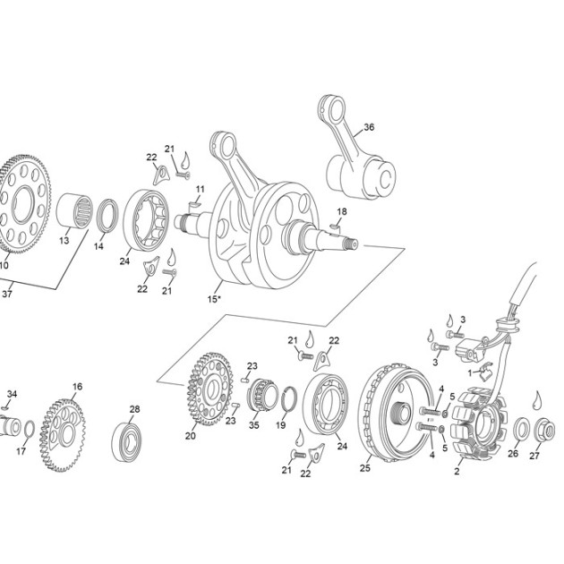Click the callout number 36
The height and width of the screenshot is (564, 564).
pyautogui.click(x=369, y=127)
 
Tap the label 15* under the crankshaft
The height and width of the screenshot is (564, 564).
pyautogui.click(x=214, y=298)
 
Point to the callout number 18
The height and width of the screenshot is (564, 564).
pyautogui.click(x=342, y=211)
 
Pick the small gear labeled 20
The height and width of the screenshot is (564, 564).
pyautogui.click(x=210, y=389)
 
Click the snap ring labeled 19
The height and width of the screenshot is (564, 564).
pyautogui.click(x=289, y=399)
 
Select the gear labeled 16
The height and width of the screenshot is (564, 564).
pyautogui.click(x=63, y=435)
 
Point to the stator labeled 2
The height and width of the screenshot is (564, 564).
pyautogui.click(x=479, y=424)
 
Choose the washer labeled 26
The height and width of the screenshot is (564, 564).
pyautogui.click(x=521, y=429)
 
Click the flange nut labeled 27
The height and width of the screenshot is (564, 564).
pyautogui.click(x=544, y=430)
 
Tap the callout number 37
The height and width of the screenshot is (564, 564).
pyautogui.click(x=7, y=294)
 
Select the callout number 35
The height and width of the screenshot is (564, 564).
pyautogui.click(x=254, y=425)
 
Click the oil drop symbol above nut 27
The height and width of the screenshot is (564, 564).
pyautogui.click(x=537, y=400)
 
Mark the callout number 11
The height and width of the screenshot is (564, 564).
pyautogui.click(x=200, y=189)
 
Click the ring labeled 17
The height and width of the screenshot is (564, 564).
pyautogui.click(x=30, y=429)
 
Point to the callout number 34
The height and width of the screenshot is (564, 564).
pyautogui.click(x=12, y=394)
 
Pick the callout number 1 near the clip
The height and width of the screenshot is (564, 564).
pyautogui.click(x=470, y=373)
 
